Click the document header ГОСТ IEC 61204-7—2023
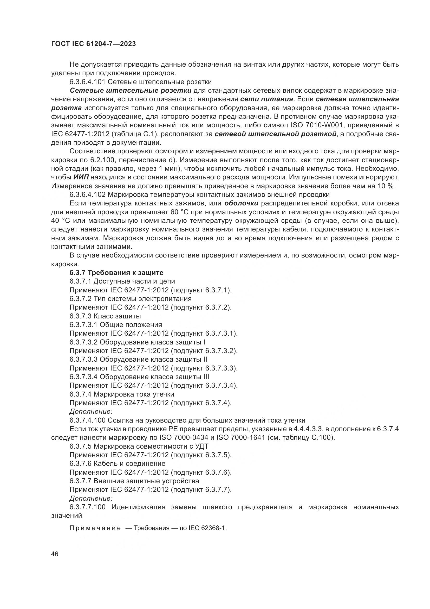coord(93,44)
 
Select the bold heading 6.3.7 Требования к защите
coord(116,272)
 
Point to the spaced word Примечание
coord(95,528)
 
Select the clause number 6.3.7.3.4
coord(83,377)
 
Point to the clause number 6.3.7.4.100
coord(87,420)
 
